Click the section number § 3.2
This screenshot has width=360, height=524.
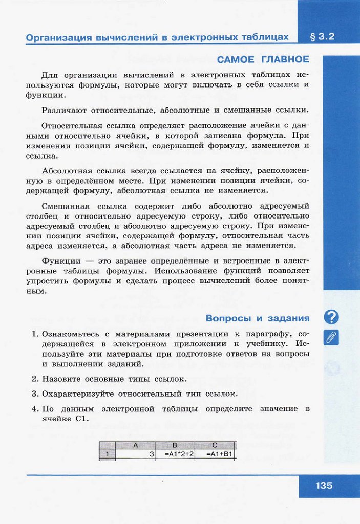pos(322,37)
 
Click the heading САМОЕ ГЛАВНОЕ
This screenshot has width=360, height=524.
pos(263,59)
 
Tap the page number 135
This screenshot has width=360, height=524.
pos(324,485)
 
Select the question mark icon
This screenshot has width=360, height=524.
pos(332,317)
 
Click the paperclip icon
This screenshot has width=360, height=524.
pos(332,337)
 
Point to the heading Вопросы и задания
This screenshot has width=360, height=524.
pos(258,318)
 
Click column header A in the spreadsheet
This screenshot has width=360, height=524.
pos(136,445)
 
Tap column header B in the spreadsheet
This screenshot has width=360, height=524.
pos(175,445)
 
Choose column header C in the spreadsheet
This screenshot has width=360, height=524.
pos(215,445)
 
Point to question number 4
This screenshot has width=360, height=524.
pos(35,409)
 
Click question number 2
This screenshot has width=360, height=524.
pos(35,379)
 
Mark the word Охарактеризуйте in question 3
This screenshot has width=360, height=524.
pos(78,394)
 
